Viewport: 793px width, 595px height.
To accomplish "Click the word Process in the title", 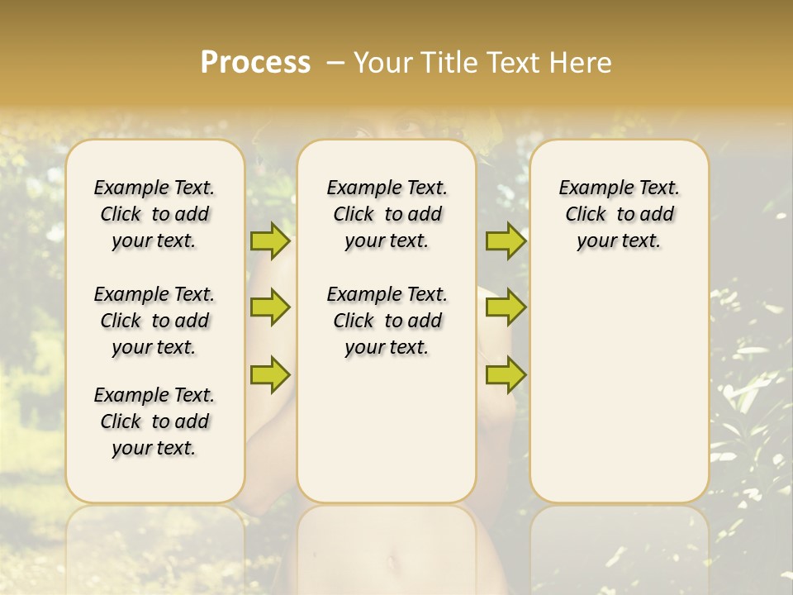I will pos(255,63).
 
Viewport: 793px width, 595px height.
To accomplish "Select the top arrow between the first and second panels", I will pos(270,240).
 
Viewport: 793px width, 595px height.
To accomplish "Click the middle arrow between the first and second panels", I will pos(270,307).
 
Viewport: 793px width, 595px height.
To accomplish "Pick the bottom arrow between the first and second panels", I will pos(270,374).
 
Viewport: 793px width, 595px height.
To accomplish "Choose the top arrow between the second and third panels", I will pos(506,240).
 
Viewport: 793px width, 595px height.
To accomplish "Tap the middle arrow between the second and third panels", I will pos(506,307).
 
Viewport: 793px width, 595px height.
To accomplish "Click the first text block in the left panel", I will pos(154,214).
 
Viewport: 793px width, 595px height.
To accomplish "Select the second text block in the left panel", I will pos(154,321).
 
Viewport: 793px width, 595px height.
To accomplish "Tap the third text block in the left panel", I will pos(154,421).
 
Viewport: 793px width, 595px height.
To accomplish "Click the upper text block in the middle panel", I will pos(387,214).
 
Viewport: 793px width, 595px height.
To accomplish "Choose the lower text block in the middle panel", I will pos(387,321).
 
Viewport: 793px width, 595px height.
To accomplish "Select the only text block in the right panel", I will pos(620,214).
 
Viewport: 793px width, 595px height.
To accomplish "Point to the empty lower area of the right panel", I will pos(620,388).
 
